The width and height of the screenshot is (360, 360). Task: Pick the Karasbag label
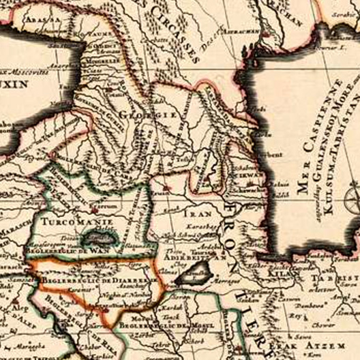(x=204, y=222)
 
